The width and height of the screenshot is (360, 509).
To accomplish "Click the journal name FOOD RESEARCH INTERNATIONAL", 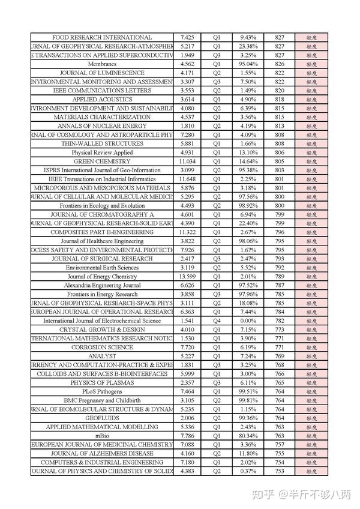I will (102, 37).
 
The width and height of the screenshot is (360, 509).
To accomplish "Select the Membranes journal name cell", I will (102, 64).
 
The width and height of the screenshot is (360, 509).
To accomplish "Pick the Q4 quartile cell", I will (217, 321).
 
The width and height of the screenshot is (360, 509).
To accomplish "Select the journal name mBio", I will (102, 436).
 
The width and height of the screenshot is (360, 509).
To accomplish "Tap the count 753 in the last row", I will (280, 471).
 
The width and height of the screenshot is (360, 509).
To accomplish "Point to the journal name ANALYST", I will (102, 356).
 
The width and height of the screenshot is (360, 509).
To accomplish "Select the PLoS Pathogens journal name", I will (102, 391).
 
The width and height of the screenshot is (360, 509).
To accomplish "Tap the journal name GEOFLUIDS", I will (102, 418).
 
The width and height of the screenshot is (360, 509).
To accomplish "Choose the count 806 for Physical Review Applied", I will (280, 152).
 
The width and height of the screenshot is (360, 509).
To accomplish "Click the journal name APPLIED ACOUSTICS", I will (102, 99).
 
